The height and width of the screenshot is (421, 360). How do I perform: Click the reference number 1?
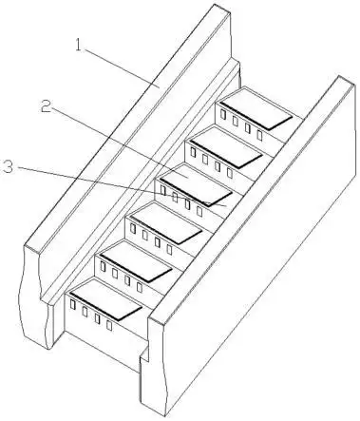coord(79,45)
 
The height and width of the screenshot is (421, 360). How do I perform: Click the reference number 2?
coord(46,106)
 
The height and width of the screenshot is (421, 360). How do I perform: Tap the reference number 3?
coord(8,166)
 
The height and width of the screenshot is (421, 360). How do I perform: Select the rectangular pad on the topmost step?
coord(256,112)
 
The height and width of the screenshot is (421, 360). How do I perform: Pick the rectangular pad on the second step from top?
coord(226,150)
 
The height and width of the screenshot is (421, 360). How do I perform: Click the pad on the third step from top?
coord(197,188)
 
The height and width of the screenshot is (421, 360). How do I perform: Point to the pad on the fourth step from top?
coord(166,226)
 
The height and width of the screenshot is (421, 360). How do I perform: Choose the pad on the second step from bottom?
coord(137,264)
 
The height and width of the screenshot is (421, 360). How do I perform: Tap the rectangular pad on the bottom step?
coord(106,301)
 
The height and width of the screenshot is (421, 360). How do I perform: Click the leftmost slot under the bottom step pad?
coord(73,304)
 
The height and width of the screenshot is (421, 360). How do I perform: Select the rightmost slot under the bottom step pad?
coord(109,325)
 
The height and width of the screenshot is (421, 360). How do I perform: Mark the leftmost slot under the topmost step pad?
coord(223,114)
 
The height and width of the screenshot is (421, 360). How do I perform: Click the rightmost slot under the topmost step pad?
coord(259,135)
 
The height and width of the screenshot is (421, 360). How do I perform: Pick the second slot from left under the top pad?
coord(236,121)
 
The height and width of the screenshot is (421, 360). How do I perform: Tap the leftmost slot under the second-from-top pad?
coord(193,152)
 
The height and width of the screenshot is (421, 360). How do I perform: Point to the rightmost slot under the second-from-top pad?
coord(230,173)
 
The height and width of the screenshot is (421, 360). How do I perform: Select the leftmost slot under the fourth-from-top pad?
coord(133,228)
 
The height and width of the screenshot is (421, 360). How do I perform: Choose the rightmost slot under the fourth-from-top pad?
coord(169,250)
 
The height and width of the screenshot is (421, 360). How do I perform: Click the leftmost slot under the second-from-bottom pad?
coord(103,266)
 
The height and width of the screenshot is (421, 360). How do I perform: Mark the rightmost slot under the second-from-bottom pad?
coord(140,287)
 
